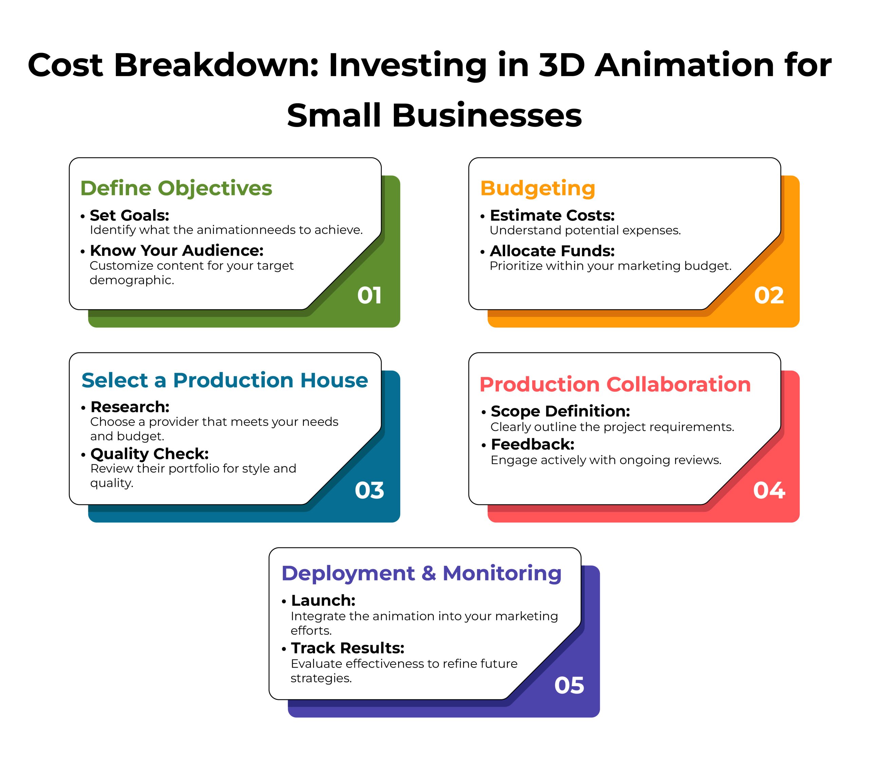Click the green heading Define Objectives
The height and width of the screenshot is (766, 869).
176,188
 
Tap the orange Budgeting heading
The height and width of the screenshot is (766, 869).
537,188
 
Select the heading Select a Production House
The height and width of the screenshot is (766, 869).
224,380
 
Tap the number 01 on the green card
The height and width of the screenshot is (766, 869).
369,295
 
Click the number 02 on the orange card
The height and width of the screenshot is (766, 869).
769,295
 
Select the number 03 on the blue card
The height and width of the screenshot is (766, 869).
369,490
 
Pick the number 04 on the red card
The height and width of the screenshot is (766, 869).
769,490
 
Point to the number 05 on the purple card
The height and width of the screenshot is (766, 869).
569,685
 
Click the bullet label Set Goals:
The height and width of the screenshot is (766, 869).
129,216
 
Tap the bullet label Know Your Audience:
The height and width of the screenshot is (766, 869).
177,251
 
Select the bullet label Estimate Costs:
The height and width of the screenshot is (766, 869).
552,216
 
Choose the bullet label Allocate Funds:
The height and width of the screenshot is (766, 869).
552,251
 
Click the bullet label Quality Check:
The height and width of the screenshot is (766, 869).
149,454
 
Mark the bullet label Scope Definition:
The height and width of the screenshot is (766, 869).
560,411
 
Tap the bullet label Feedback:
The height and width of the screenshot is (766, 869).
532,444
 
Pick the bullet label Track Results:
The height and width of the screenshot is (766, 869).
347,648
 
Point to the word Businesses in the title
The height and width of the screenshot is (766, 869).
486,116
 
